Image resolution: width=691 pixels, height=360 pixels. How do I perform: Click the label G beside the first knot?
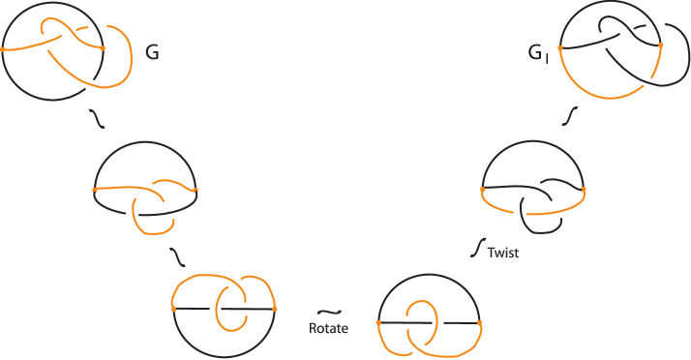click(152, 53)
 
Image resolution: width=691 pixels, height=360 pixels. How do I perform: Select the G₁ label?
click(537, 55)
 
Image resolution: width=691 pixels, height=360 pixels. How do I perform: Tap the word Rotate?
click(328, 328)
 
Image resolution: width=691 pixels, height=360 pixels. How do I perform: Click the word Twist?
click(503, 253)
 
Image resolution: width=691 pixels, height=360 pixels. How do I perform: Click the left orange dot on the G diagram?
click(3, 49)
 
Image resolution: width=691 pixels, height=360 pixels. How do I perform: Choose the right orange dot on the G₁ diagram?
click(660, 45)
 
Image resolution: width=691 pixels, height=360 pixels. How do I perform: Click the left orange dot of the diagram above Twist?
click(483, 189)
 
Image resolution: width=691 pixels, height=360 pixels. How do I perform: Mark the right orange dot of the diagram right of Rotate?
click(480, 321)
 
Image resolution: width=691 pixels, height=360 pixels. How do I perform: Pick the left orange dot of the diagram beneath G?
click(95, 190)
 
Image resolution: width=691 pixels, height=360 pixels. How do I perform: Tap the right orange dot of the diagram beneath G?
click(195, 190)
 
